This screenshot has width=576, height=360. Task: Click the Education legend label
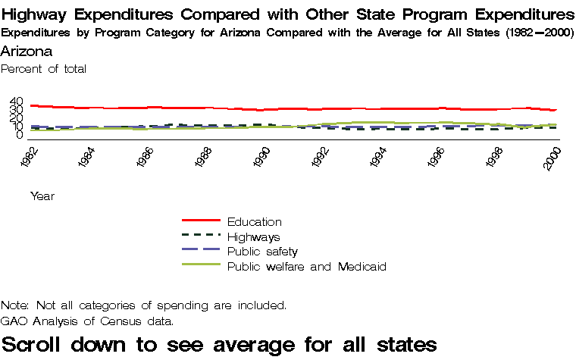[254, 222]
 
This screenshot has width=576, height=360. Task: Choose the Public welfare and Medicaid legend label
[307, 266]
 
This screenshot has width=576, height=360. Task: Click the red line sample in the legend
[201, 221]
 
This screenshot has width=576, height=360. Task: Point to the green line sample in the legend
[201, 265]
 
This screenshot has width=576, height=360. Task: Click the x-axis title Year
[42, 196]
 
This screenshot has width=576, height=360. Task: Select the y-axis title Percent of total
[44, 68]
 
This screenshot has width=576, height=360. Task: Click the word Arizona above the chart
[27, 51]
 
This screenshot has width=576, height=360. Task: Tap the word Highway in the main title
[38, 15]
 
